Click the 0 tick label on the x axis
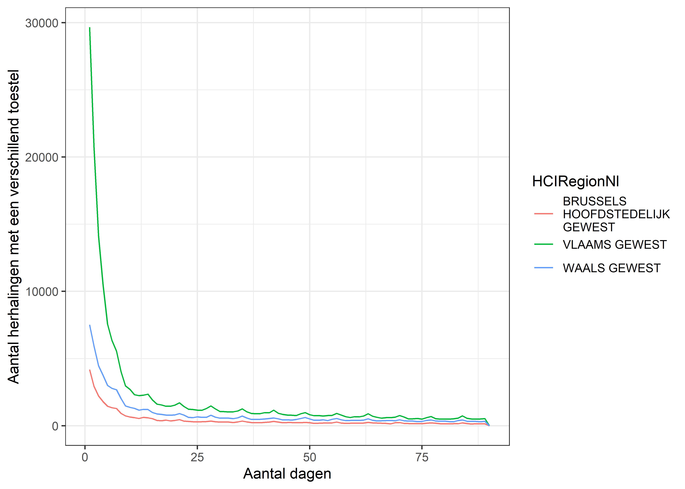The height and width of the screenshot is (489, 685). [x=85, y=457]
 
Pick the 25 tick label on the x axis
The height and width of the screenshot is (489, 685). [x=197, y=457]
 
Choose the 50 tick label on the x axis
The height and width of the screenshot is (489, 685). [x=310, y=457]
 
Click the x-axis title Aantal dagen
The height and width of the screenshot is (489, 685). [x=287, y=474]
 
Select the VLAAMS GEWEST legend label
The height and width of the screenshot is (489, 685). [x=615, y=244]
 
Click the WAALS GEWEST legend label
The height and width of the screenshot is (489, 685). [x=611, y=268]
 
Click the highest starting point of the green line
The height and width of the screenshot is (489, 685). [x=90, y=28]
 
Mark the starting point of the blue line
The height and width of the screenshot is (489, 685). [x=90, y=325]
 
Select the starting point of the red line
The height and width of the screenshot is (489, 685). [x=90, y=370]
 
